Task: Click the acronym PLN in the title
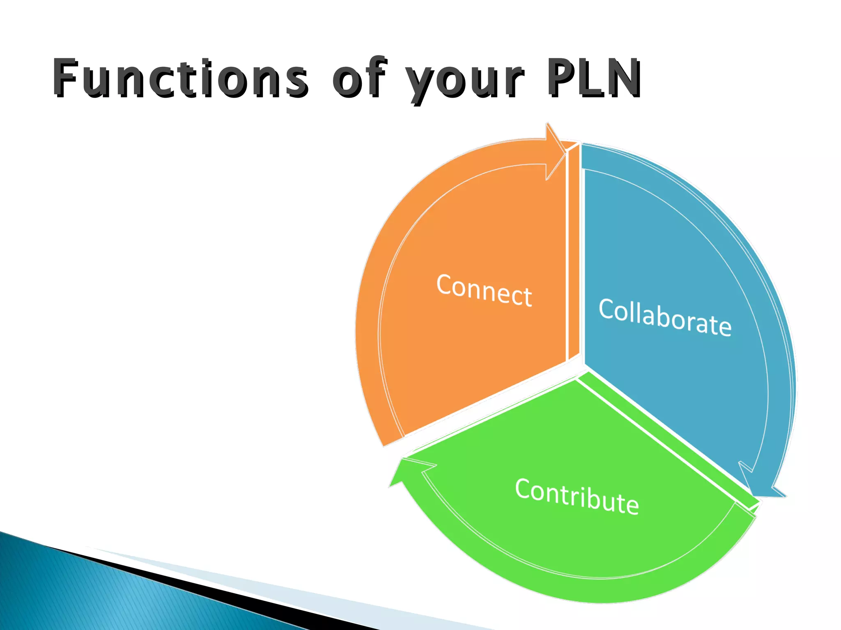point(593,78)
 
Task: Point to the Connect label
point(484,290)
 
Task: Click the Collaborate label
point(665,317)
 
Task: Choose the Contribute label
point(577,496)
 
